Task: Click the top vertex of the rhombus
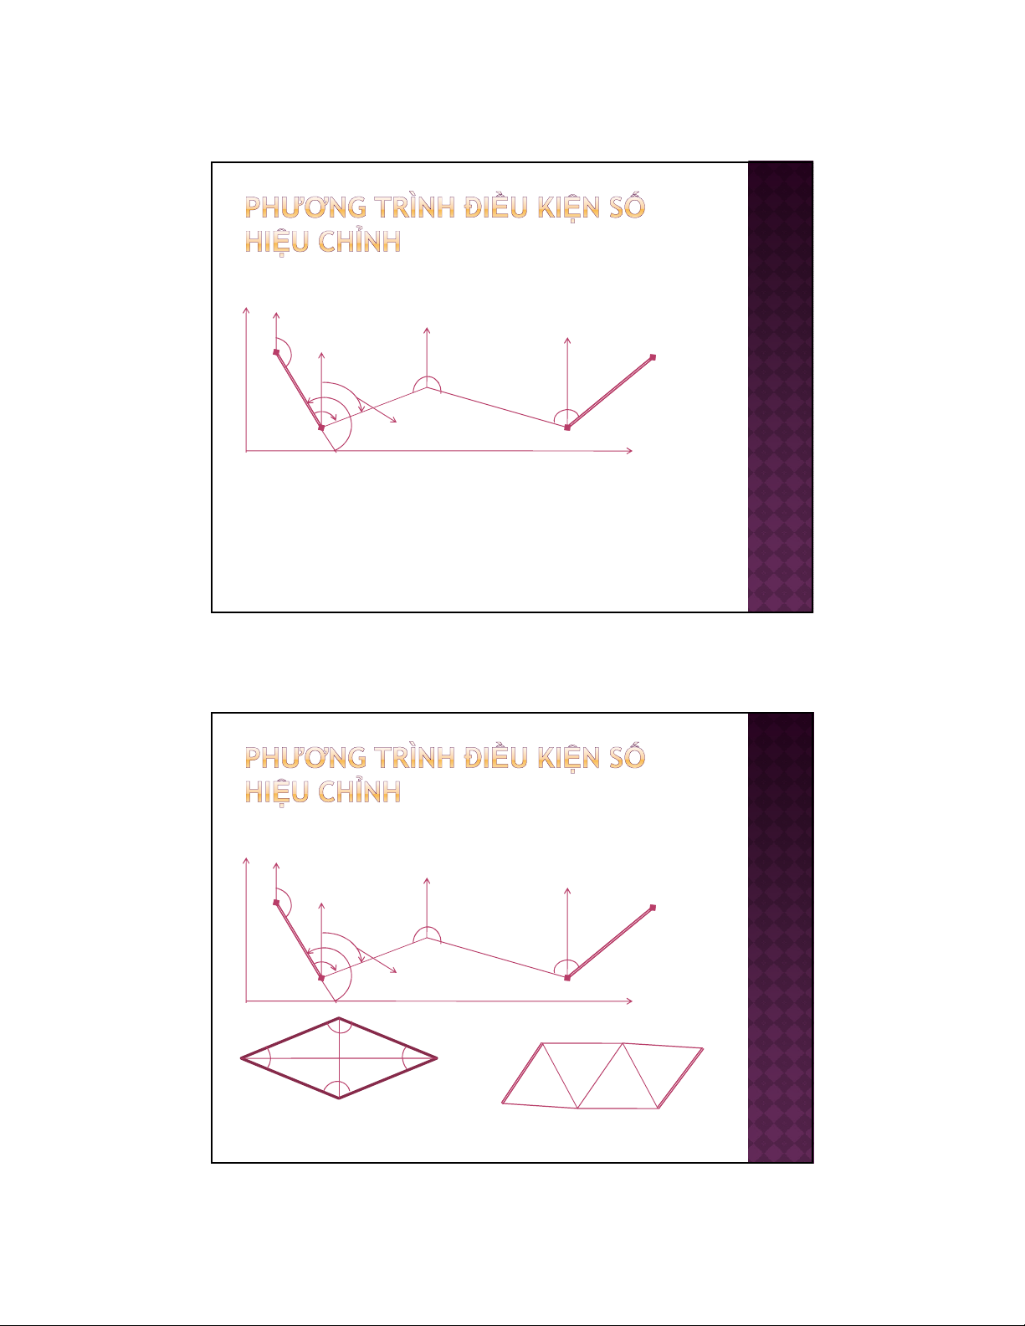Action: (x=339, y=1017)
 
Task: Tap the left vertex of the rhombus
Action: (x=241, y=1058)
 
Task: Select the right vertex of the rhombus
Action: (x=437, y=1057)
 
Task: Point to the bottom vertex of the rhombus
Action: (x=339, y=1098)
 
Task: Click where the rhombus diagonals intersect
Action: (x=339, y=1058)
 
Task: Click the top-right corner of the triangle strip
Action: (x=703, y=1048)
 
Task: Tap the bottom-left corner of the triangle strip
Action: (x=502, y=1103)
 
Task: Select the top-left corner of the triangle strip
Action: (x=542, y=1043)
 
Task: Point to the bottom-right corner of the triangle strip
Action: (x=659, y=1108)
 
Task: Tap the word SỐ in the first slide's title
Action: (x=627, y=206)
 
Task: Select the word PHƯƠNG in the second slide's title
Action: (x=305, y=757)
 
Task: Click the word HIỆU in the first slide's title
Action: (x=276, y=243)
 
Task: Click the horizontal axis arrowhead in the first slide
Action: (x=629, y=451)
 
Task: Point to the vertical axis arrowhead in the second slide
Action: (x=246, y=861)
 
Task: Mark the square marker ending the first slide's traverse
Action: (x=653, y=357)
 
